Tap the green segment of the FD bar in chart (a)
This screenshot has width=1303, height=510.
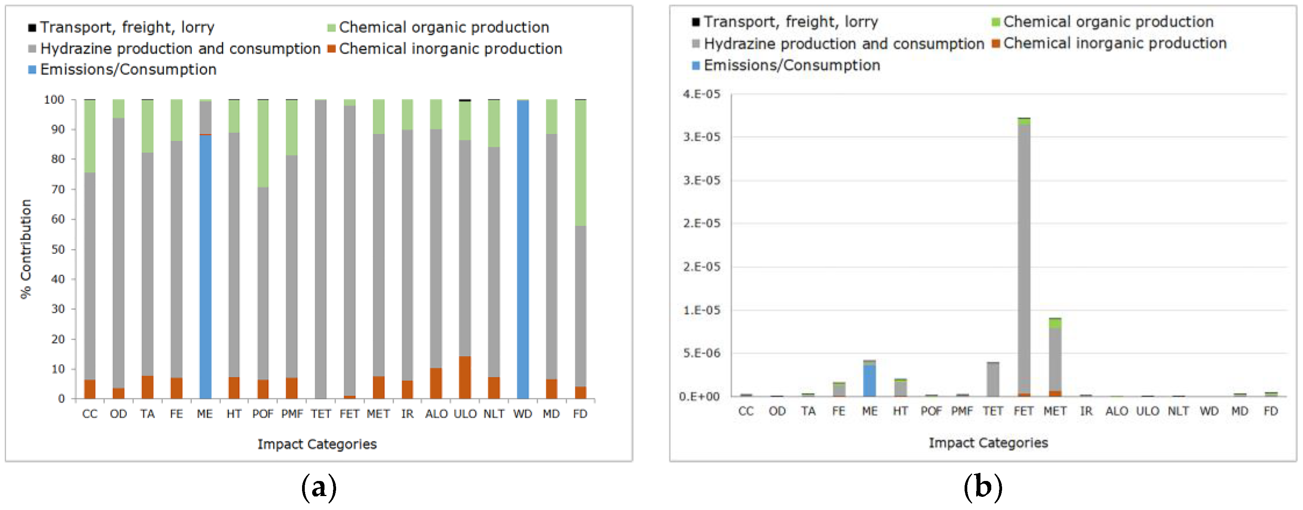580,162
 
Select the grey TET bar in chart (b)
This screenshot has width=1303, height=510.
993,380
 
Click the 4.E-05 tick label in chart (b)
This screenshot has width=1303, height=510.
701,94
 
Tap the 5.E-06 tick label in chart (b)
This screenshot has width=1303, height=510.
701,353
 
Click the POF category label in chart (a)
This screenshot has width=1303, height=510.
263,414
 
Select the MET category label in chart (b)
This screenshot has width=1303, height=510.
1055,411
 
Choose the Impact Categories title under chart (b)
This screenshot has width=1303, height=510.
988,443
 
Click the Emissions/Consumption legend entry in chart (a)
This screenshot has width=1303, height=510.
128,69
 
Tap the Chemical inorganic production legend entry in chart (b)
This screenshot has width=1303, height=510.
1114,43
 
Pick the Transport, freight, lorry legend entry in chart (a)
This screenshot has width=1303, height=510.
127,27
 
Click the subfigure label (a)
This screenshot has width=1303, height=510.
318,487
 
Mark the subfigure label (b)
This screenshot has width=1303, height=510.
982,487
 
